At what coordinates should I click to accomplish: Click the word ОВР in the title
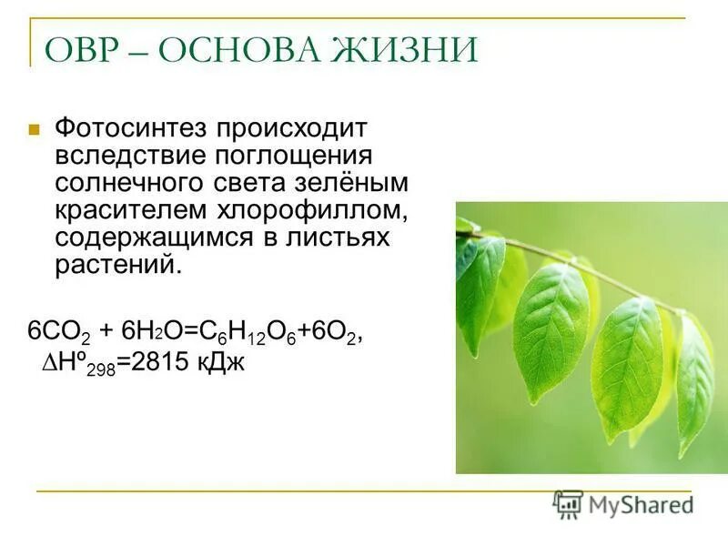click(x=86, y=50)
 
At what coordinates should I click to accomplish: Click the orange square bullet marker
click(x=35, y=129)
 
